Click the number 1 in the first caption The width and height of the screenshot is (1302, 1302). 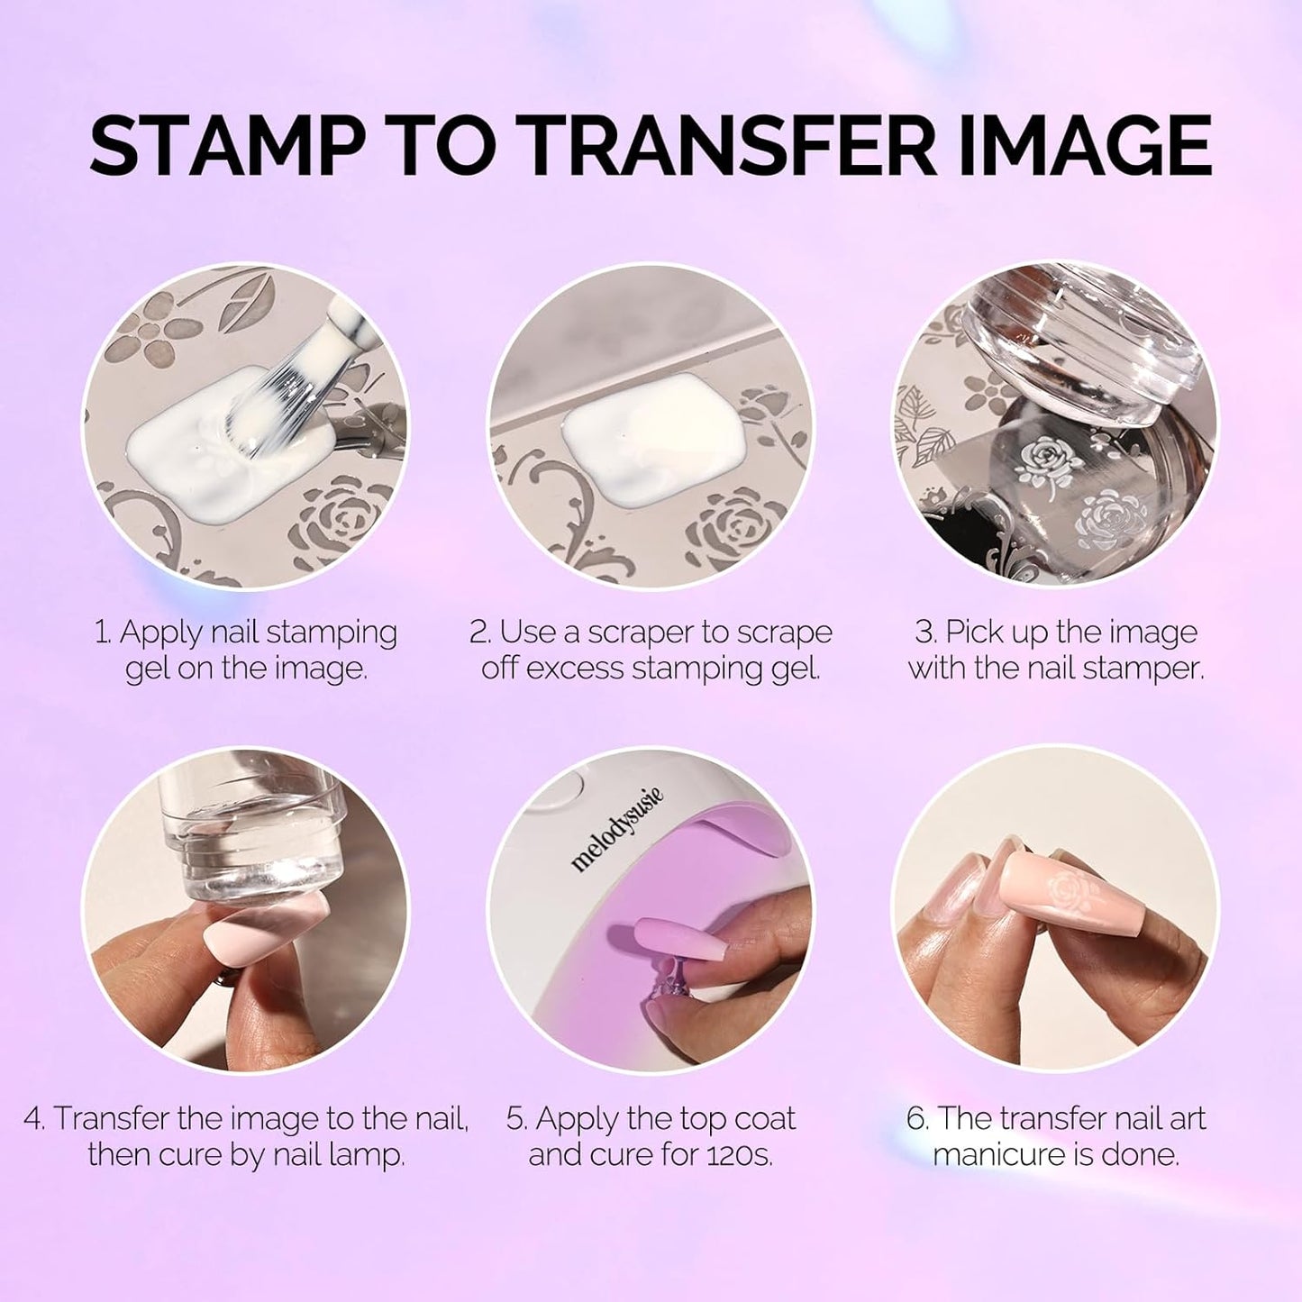click(101, 633)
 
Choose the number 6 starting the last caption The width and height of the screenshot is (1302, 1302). click(915, 1119)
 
